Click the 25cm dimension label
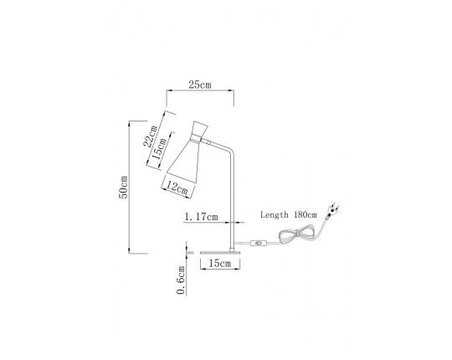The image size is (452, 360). [200, 85]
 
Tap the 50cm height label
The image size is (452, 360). [123, 187]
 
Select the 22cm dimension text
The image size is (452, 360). [151, 136]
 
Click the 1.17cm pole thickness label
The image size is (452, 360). [201, 217]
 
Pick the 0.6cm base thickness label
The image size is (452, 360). [181, 280]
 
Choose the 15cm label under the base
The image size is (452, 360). [220, 263]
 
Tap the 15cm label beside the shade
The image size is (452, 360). [159, 149]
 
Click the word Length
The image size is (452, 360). [275, 214]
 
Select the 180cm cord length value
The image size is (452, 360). [306, 214]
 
